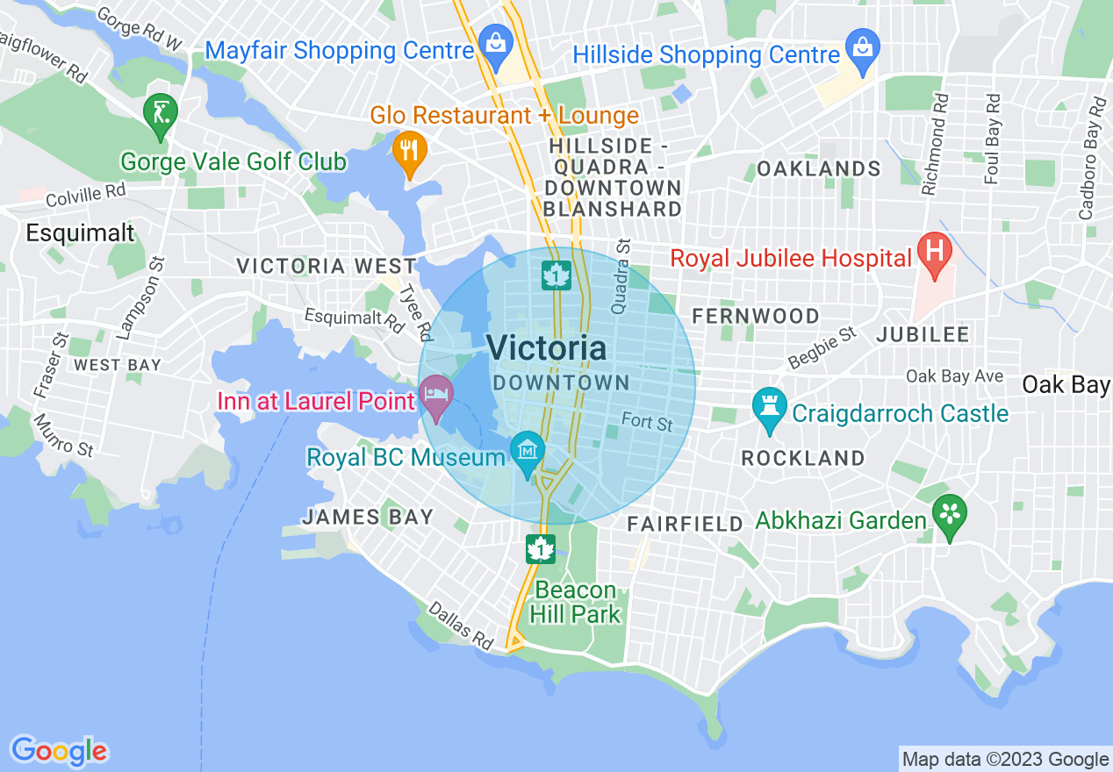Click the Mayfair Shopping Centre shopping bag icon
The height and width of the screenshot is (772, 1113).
pos(496,42)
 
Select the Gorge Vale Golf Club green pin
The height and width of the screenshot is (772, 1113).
pos(161,113)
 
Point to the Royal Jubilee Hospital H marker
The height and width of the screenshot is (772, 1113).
pos(934,250)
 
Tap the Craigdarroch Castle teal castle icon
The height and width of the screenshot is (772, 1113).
pos(769,407)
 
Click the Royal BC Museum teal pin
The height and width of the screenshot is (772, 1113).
pos(528,451)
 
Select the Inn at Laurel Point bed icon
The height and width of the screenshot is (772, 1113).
pos(435,393)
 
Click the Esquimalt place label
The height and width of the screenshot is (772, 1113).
pos(80,232)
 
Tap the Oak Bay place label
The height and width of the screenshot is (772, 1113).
pos(1066,384)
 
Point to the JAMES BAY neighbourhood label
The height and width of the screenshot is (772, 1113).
pos(368,518)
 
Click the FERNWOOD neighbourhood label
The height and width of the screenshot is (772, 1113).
pos(756,316)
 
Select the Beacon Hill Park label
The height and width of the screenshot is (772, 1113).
pos(576,602)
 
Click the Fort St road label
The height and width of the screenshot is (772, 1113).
pos(647,422)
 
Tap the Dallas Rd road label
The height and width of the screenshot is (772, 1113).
pos(460,625)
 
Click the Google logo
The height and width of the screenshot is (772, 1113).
pos(59,751)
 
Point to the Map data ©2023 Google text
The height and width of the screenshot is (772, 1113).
pos(1006,760)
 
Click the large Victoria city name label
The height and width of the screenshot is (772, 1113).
pos(546,348)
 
